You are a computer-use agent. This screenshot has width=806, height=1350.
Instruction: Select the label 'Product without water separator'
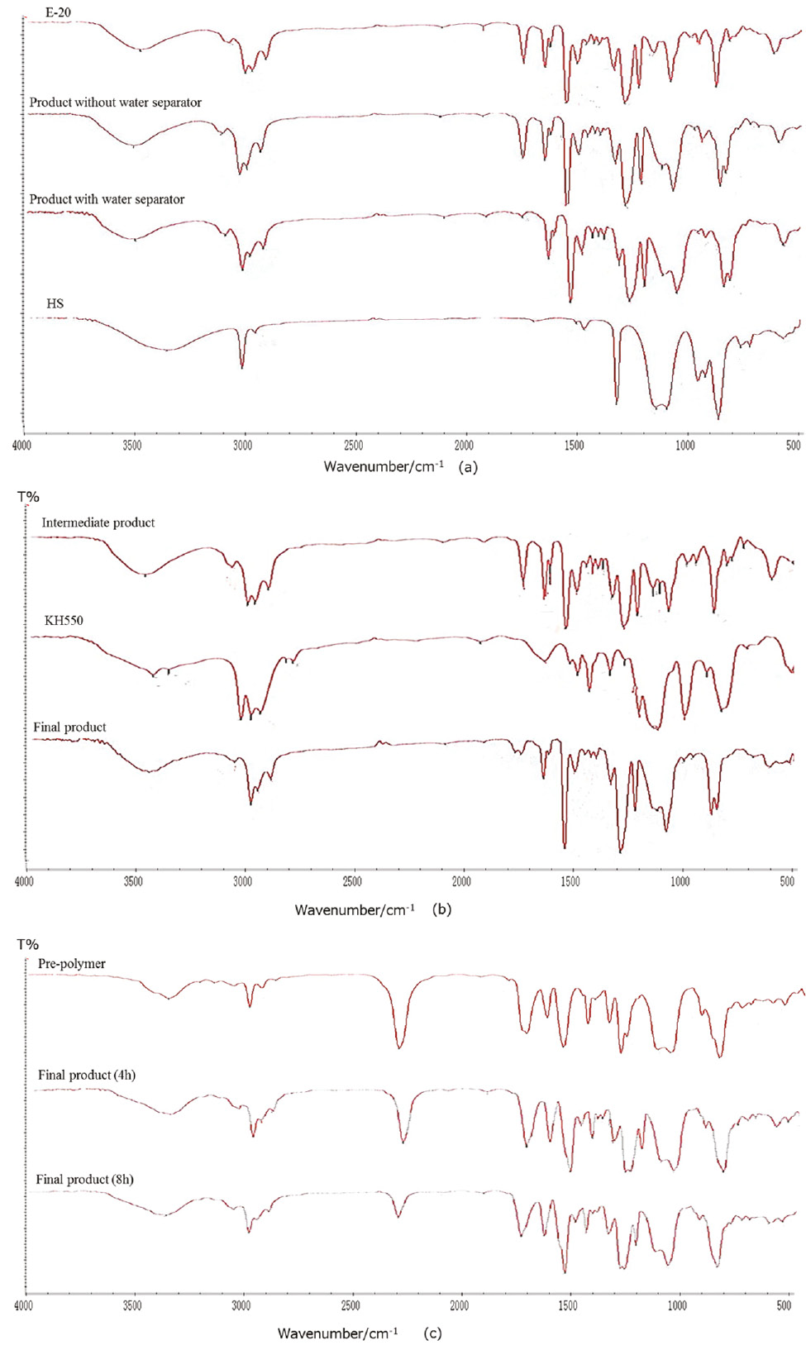[x=115, y=103]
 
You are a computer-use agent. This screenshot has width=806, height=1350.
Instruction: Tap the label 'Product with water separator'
[x=107, y=199]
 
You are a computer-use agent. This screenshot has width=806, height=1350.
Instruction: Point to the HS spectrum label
[x=55, y=303]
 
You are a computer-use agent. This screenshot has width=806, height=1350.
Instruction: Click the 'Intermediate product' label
[x=98, y=522]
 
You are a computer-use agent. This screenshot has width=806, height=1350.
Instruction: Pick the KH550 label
[x=64, y=620]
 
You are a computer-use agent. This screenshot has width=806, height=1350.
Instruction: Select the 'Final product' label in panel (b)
[x=69, y=727]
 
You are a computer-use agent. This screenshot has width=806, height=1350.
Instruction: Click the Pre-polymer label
[x=72, y=964]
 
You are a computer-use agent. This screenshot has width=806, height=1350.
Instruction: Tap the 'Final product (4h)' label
[x=87, y=1075]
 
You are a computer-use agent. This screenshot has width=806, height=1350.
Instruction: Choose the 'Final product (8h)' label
[x=84, y=1179]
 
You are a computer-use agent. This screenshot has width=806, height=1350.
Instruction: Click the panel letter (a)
[x=468, y=467]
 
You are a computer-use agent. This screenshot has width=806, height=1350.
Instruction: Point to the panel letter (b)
[x=441, y=909]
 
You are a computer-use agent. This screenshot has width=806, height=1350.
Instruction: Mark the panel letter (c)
[x=432, y=1333]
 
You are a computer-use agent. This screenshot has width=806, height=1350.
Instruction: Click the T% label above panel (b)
[x=29, y=497]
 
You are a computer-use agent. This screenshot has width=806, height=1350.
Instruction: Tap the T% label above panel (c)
[x=28, y=944]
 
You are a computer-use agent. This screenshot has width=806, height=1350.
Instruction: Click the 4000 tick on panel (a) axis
[x=22, y=446]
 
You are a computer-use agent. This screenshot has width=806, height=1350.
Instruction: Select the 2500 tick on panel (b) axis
[x=352, y=882]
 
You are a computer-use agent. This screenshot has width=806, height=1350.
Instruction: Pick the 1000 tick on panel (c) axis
[x=676, y=1306]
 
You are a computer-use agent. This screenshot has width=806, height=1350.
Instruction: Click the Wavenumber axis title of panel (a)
[x=384, y=467]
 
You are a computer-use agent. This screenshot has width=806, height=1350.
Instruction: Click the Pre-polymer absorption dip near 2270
[x=400, y=1047]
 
